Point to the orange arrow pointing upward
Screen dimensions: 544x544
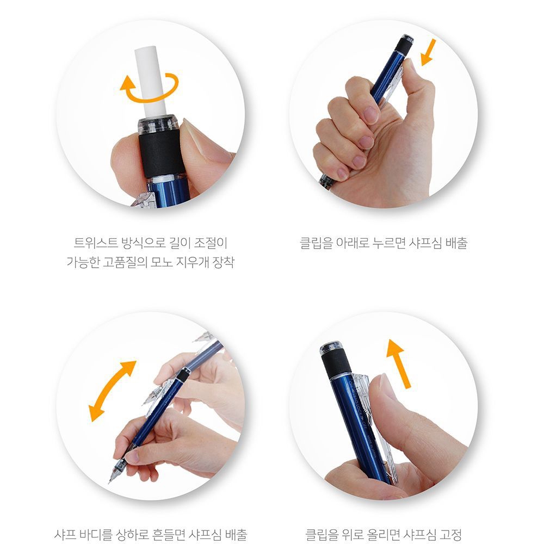point(398,363)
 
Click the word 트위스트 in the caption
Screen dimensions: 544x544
point(96,243)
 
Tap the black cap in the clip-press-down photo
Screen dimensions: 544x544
point(404,44)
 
